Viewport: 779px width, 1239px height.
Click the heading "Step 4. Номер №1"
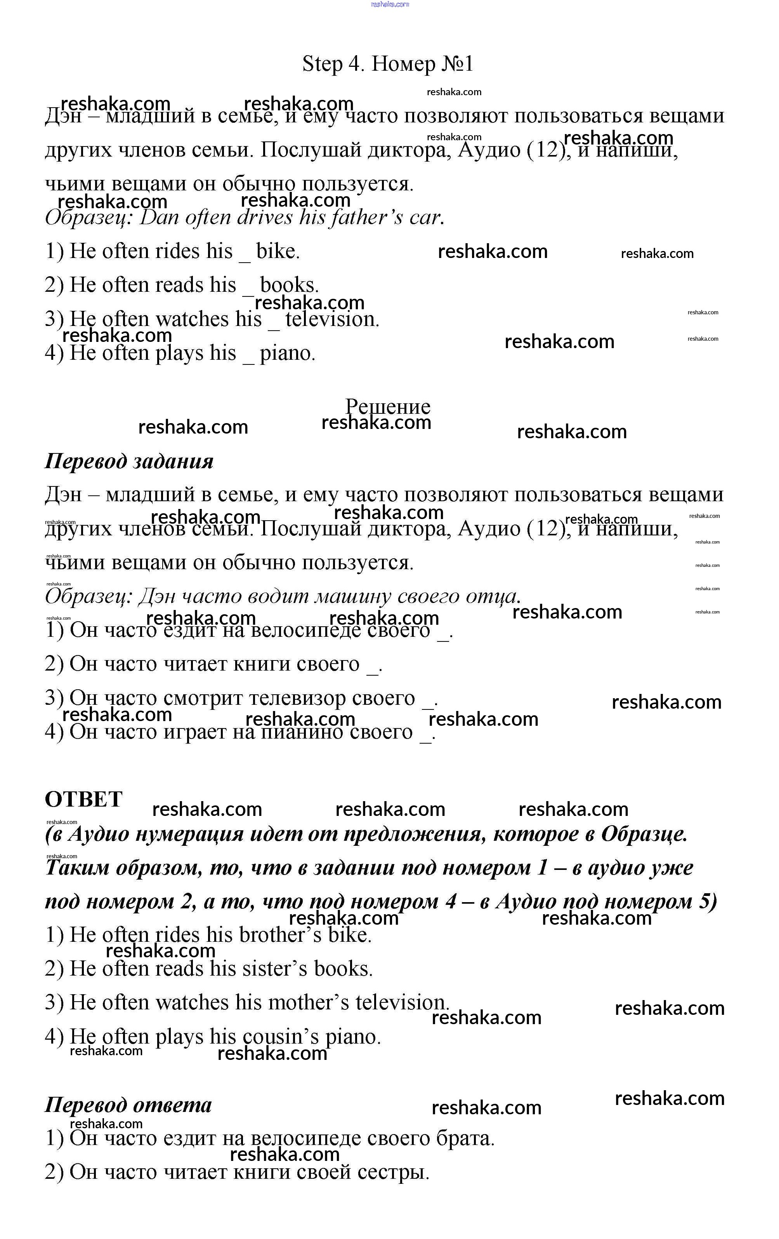click(388, 64)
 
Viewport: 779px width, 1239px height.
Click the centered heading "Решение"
click(388, 406)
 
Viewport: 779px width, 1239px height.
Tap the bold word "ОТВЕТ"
click(84, 799)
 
